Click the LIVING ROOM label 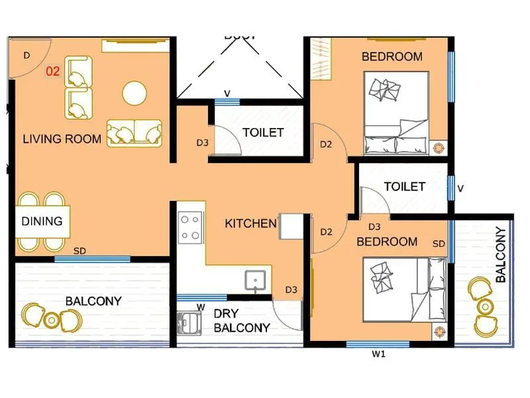(62, 139)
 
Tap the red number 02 (53, 71)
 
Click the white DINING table (42, 222)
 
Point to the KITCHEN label (250, 224)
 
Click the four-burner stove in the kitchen (190, 227)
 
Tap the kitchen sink (256, 281)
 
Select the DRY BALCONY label (241, 320)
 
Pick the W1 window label (378, 355)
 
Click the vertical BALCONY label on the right (501, 255)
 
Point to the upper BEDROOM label (392, 57)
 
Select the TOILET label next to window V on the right (404, 187)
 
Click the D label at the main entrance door (27, 56)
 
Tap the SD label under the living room (79, 251)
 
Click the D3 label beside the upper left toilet (202, 143)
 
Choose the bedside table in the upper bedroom (439, 147)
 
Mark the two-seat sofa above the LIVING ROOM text (134, 133)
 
